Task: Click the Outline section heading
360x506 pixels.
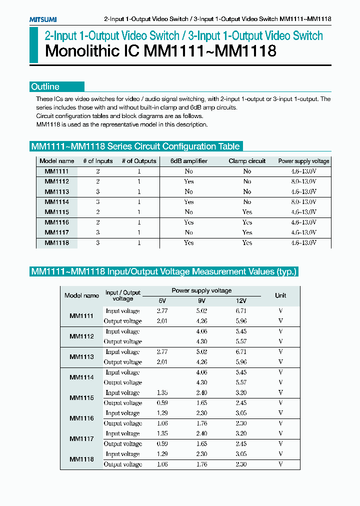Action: (45, 86)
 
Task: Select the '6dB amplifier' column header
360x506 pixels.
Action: (188, 161)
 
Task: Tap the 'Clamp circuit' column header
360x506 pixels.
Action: (247, 161)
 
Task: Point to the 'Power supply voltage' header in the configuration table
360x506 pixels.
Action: (303, 161)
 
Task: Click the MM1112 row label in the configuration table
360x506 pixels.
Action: (56, 181)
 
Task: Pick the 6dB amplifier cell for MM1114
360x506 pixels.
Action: (188, 202)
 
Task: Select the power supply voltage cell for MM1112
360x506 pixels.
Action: (303, 181)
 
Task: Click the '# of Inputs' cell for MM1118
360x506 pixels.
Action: (98, 242)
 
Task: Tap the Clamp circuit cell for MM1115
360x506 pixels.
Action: (247, 212)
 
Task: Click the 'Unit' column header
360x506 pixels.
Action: (280, 295)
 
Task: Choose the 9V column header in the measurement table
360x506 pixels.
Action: (201, 300)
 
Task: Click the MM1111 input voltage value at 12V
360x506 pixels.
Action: (240, 310)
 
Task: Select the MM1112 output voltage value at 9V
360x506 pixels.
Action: (201, 341)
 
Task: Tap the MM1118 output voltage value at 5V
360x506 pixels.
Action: (162, 464)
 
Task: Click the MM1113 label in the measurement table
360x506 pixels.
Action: (81, 357)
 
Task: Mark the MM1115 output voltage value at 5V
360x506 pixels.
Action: (162, 403)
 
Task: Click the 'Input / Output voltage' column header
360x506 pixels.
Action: (123, 295)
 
